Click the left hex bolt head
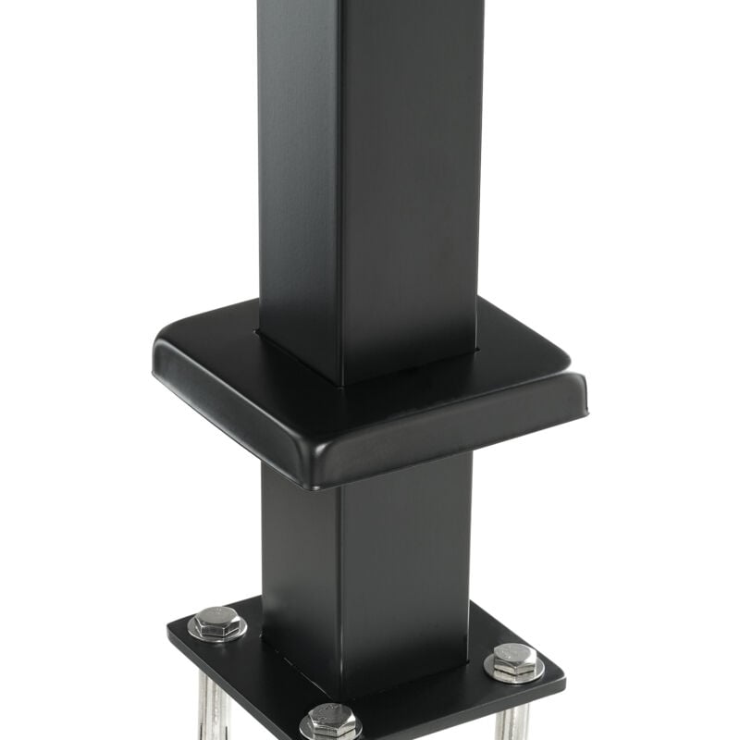(x=217, y=623)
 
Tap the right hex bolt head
(x=514, y=660)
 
